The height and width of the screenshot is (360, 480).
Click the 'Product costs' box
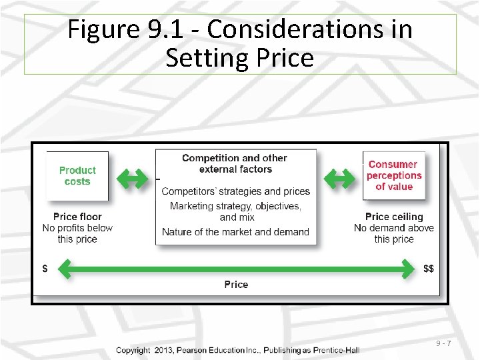click(77, 176)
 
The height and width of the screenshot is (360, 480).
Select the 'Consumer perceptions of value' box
click(394, 175)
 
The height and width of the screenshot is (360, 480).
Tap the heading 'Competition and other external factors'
click(235, 163)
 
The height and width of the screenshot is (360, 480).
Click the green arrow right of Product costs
click(132, 178)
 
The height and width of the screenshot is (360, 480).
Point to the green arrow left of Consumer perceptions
click(340, 178)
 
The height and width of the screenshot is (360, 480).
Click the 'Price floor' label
click(77, 217)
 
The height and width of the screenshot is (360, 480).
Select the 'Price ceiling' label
click(394, 217)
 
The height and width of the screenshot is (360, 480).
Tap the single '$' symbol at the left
click(45, 269)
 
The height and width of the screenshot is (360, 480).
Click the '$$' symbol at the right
click(429, 269)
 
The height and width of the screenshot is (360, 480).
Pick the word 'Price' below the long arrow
click(236, 285)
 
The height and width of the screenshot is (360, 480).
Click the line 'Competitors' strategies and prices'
click(235, 191)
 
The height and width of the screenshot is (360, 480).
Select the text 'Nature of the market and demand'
click(235, 232)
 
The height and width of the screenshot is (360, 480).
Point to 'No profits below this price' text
click(77, 233)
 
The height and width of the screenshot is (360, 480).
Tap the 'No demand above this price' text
click(394, 233)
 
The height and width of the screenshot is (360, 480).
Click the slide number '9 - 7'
click(444, 343)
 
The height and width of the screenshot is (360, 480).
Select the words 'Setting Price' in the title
click(239, 58)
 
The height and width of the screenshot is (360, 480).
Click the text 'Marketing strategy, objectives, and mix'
click(235, 211)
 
